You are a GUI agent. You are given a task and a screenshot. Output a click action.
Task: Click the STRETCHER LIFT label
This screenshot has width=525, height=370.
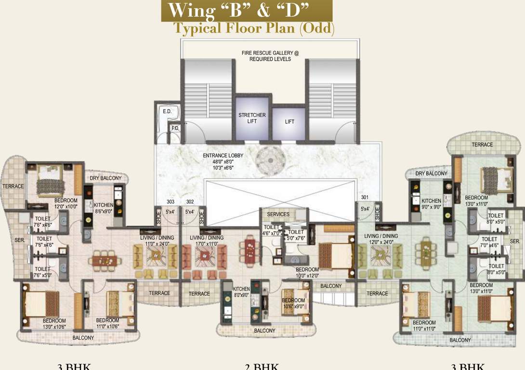click(252, 118)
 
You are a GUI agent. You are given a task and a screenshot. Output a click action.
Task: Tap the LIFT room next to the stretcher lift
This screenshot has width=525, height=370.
click(289, 122)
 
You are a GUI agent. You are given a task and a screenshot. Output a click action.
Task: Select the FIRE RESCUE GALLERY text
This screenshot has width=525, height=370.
click(270, 56)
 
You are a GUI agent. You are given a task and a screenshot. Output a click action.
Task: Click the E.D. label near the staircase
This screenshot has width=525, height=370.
click(167, 112)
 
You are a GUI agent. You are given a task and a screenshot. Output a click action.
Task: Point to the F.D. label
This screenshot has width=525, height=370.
click(175, 129)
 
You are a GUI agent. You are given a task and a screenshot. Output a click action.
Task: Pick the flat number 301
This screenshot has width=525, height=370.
click(365, 197)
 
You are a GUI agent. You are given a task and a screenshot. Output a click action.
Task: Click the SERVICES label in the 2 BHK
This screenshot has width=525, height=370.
click(278, 214)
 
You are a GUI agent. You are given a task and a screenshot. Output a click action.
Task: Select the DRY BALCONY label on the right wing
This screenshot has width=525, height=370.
click(431, 173)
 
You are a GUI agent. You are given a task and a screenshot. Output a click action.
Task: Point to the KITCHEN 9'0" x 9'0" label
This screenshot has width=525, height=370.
click(431, 204)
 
